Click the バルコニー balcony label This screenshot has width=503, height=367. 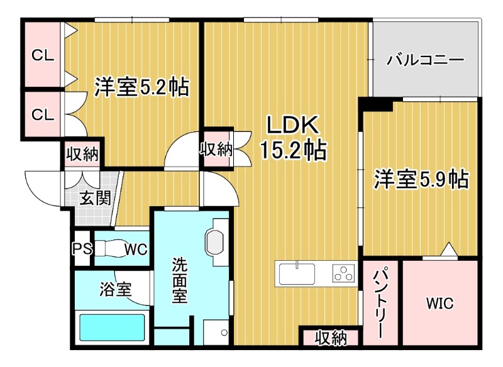point(426,61)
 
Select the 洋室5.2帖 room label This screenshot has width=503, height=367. point(141,87)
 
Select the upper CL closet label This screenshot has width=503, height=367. point(43,55)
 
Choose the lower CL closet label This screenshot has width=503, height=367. point(43,114)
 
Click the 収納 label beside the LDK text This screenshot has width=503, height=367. point(216,149)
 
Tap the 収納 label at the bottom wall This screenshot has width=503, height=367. point(331,338)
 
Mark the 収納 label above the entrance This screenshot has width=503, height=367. point(83,154)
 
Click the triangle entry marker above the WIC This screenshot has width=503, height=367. point(448,249)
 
